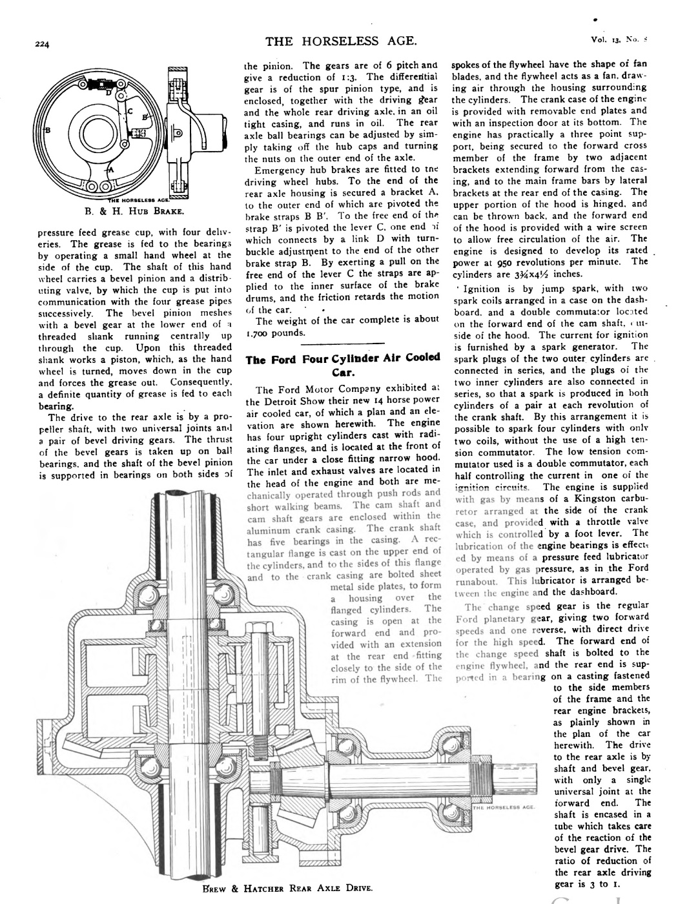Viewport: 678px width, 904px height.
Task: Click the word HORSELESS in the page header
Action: pos(335,42)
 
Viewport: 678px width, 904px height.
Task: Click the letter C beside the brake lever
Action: pos(129,113)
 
